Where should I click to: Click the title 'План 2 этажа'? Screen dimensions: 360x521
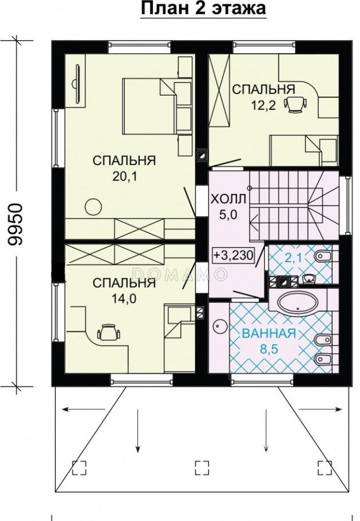(x=204, y=9)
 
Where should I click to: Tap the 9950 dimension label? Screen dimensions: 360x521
(x=15, y=224)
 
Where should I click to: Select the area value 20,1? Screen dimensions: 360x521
(x=124, y=176)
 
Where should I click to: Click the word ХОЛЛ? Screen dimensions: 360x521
(x=228, y=199)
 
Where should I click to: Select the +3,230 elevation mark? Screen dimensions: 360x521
(x=233, y=255)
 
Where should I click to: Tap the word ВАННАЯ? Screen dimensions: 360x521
(x=269, y=333)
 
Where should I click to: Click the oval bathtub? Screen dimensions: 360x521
(x=298, y=303)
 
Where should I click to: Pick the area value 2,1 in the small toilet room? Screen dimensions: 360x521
(x=292, y=258)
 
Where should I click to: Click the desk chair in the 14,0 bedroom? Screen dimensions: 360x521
(x=109, y=332)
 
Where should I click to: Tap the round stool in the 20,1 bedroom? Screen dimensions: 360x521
(x=93, y=207)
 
